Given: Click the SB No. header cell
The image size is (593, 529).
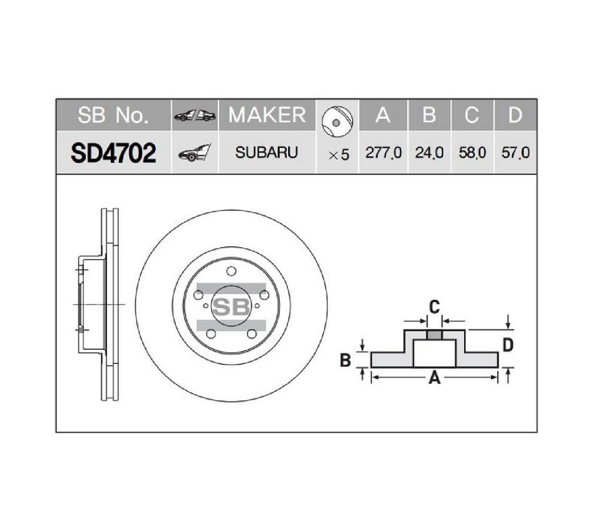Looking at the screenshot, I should (113, 115).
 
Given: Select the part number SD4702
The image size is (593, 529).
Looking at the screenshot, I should (113, 153).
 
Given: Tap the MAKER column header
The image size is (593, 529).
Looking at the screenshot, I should (267, 114).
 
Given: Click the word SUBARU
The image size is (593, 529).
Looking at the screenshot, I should (266, 152).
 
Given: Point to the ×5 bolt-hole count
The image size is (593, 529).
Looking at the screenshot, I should (338, 155).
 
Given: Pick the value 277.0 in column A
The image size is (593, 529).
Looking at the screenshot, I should (383, 153).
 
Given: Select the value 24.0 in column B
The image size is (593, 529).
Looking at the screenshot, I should (429, 153).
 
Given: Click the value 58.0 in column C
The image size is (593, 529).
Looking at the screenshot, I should (472, 153).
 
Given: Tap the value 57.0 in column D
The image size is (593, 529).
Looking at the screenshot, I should (515, 153).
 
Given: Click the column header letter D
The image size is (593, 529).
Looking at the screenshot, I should (515, 115).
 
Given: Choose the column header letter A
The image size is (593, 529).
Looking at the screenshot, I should (383, 115).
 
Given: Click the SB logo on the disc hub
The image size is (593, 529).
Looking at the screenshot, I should (231, 306).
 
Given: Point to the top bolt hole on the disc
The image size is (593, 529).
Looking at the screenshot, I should (231, 272).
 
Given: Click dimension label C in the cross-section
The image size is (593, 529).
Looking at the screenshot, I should (434, 307).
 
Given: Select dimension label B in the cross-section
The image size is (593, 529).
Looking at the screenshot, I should (345, 360).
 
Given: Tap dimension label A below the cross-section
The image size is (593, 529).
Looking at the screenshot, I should (434, 378).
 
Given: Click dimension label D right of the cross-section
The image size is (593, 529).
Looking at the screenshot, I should (508, 345).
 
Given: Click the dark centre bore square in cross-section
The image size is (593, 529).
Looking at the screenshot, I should (434, 335).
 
